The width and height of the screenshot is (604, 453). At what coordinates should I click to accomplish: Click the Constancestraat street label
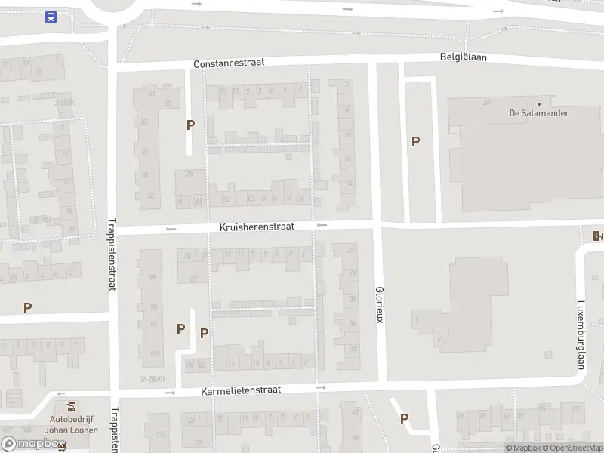[229, 64]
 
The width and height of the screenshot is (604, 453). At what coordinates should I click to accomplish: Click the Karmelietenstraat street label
[241, 390]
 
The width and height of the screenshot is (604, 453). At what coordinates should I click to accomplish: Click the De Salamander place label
[538, 113]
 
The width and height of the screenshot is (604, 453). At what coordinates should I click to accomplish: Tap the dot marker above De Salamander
[539, 103]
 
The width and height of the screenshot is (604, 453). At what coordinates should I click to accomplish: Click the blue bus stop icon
[51, 17]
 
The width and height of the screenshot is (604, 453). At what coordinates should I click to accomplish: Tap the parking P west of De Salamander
[415, 141]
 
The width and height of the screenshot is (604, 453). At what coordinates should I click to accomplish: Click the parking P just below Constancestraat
[191, 125]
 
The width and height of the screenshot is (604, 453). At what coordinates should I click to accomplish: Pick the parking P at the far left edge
[27, 307]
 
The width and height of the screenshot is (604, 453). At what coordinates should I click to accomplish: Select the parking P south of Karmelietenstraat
[404, 418]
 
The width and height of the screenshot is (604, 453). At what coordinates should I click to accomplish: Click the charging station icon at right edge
[598, 236]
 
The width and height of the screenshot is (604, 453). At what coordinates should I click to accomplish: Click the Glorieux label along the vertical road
[380, 305]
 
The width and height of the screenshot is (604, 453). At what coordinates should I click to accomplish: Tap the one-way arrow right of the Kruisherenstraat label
[322, 225]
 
